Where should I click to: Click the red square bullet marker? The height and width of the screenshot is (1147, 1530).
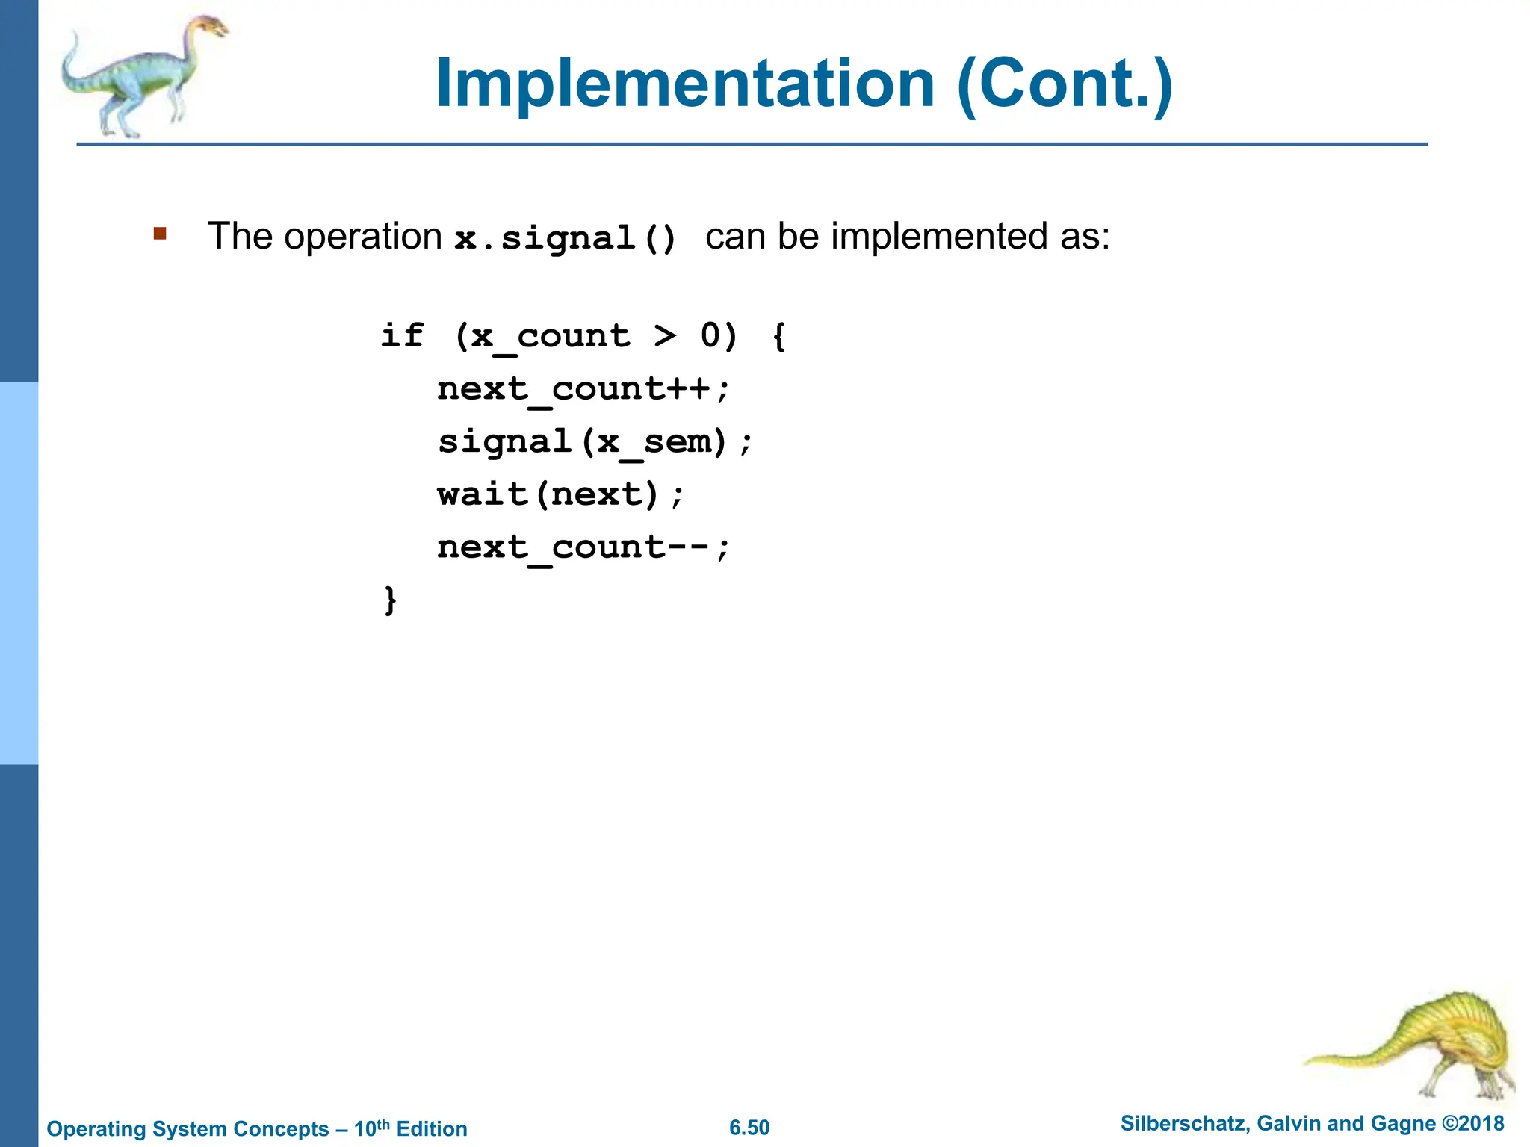pos(160,234)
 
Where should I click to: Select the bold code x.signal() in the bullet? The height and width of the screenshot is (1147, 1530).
pos(566,238)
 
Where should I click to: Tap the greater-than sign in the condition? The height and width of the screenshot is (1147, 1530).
pos(664,335)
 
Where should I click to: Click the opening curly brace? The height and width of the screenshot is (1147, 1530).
pos(778,335)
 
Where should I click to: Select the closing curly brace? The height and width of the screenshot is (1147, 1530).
pos(390,600)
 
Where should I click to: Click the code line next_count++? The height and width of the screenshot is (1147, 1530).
pos(583,388)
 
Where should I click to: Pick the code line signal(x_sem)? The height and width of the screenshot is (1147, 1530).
pos(595,441)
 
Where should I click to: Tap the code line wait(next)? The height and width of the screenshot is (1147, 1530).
pos(560,494)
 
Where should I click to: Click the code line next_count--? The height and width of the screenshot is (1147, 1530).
pos(583,547)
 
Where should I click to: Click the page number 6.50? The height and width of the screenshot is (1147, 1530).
pos(749,1128)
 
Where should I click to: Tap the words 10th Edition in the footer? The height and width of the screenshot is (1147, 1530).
pos(411,1128)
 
